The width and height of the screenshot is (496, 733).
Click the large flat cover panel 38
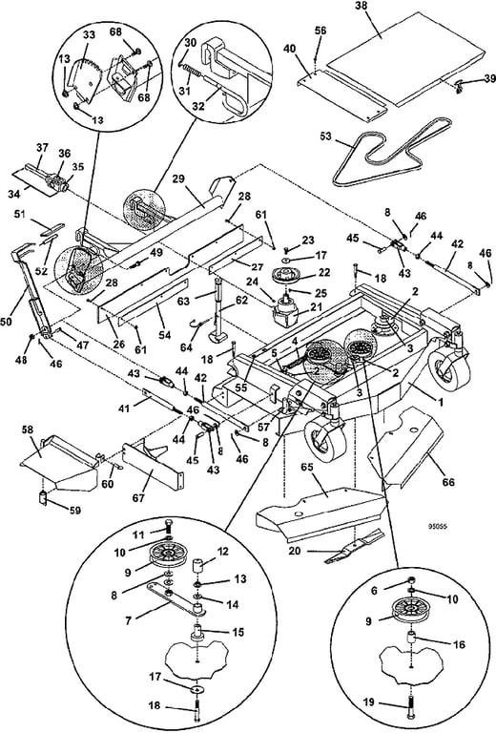tap(382, 57)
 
